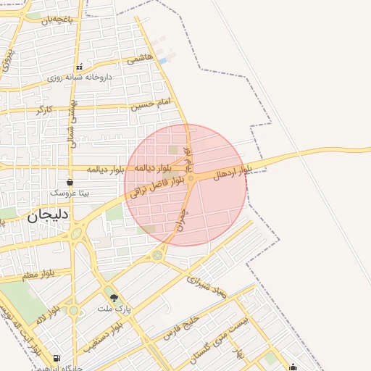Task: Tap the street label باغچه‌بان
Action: point(58,20)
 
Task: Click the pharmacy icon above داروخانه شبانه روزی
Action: point(80,67)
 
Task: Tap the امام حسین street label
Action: point(152,104)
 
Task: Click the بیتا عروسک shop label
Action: point(70,193)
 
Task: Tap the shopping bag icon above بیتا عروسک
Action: point(70,182)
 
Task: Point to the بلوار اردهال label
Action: point(233,172)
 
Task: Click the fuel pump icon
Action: point(57,359)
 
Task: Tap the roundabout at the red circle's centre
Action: point(191,178)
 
